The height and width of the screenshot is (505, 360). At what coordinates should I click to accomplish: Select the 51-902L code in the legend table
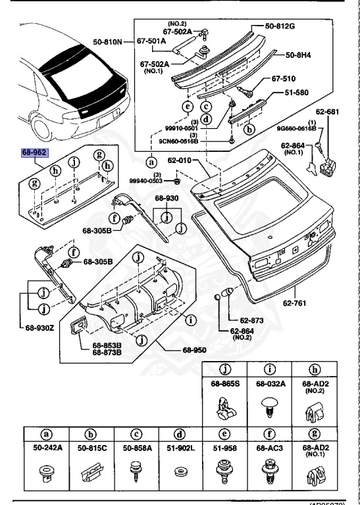point(179,448)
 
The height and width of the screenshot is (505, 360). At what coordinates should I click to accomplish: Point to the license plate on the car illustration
point(114,115)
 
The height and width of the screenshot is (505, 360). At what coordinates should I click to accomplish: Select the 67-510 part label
point(284,78)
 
